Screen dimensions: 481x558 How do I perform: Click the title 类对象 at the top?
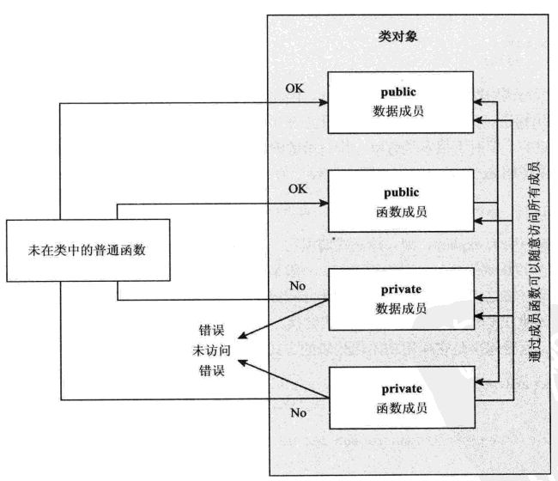tap(399, 39)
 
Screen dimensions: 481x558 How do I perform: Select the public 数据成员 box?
tap(399, 101)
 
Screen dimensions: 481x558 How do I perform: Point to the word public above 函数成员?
tap(399, 187)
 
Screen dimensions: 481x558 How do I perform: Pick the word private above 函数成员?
tap(399, 384)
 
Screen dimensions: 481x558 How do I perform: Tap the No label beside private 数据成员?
tap(299, 285)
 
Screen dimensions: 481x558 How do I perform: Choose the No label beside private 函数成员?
tap(299, 412)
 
